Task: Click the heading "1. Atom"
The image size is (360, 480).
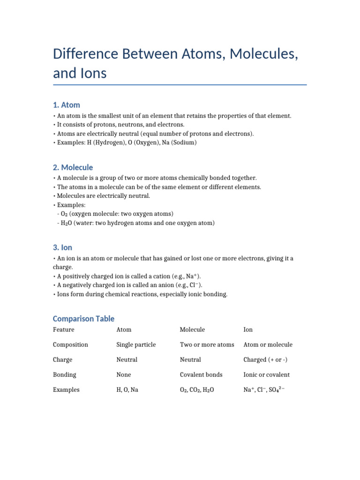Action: click(66, 105)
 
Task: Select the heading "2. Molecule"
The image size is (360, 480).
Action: click(73, 167)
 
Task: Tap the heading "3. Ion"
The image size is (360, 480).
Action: click(62, 247)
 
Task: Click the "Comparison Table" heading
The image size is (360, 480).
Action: click(83, 319)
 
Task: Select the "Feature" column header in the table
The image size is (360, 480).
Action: click(63, 330)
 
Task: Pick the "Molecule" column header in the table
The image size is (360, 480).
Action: click(192, 330)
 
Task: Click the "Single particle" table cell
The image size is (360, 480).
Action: click(136, 345)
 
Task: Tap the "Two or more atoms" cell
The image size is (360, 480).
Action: click(207, 345)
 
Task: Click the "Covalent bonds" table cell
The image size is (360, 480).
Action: click(201, 375)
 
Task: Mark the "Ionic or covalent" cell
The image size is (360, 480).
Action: click(266, 375)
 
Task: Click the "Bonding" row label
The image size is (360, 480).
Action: click(64, 375)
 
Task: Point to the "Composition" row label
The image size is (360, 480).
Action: click(70, 345)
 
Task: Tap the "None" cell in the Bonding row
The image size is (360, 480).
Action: click(124, 375)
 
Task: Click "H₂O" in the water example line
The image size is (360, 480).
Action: click(66, 223)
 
